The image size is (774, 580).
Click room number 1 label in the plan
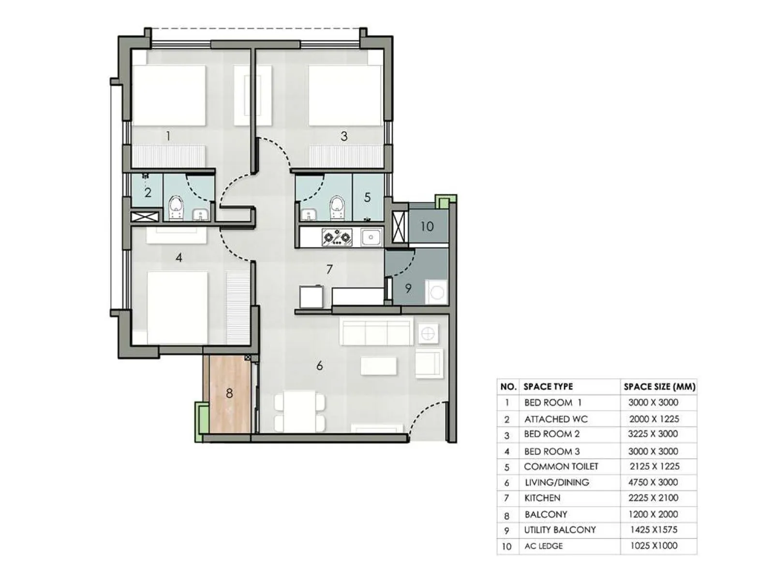click(x=168, y=136)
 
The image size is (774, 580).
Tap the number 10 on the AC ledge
click(x=427, y=226)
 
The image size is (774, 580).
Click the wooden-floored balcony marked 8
click(x=229, y=394)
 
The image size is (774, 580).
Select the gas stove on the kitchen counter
click(x=337, y=237)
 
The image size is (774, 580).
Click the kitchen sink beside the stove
click(x=371, y=237)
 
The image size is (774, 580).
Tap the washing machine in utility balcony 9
click(x=437, y=293)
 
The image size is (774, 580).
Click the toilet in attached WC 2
click(x=176, y=208)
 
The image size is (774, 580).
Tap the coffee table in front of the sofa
click(x=379, y=366)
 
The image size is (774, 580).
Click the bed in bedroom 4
click(x=177, y=307)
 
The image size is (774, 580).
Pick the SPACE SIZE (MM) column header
click(x=659, y=387)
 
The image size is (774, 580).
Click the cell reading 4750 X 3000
click(x=653, y=482)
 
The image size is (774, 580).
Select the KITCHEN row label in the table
click(x=542, y=498)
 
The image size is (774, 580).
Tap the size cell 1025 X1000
click(x=654, y=546)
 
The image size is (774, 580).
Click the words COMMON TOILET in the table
click(x=561, y=466)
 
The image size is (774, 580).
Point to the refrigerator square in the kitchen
click(x=311, y=296)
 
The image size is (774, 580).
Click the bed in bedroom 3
click(x=344, y=95)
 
